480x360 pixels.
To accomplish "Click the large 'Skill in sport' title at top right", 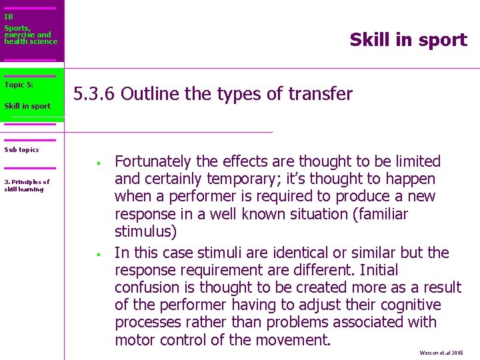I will coord(408,40).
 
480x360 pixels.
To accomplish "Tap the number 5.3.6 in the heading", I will coord(95,94).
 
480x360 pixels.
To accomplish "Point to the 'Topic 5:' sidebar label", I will coord(19,85).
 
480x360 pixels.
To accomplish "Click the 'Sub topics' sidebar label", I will coord(21,149).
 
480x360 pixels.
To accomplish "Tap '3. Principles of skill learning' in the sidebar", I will coord(27,185).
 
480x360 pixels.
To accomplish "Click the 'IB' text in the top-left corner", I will coord(9,17).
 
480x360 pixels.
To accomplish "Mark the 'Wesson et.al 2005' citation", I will coord(441,352).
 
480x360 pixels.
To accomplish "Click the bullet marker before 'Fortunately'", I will coord(97,163).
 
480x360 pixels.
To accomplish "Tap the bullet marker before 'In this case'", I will coord(97,254).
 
